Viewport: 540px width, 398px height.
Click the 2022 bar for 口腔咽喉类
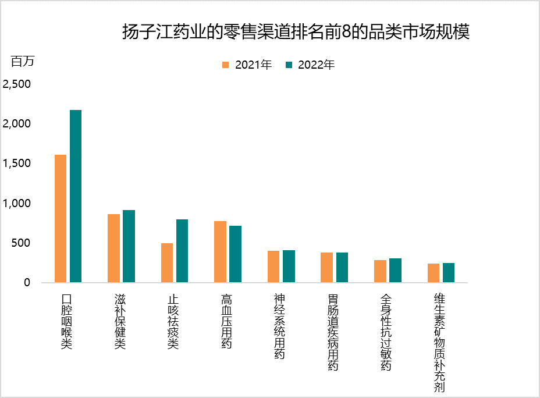pyautogui.click(x=76, y=196)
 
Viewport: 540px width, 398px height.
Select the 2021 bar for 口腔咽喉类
pyautogui.click(x=61, y=219)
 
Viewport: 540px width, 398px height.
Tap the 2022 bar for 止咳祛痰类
pyautogui.click(x=182, y=251)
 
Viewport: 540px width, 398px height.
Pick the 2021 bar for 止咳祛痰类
pyautogui.click(x=167, y=263)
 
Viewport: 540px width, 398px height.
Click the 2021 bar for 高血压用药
pyautogui.click(x=221, y=252)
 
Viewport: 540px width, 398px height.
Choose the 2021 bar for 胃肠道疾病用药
pyautogui.click(x=327, y=268)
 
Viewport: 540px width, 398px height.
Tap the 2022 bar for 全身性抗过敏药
pyautogui.click(x=395, y=271)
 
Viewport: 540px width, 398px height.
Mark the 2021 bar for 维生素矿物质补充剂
pyautogui.click(x=434, y=273)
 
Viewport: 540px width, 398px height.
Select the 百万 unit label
pyautogui.click(x=23, y=61)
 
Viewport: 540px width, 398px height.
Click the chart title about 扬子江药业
pyautogui.click(x=296, y=31)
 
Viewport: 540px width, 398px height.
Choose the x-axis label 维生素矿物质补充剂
pyautogui.click(x=440, y=343)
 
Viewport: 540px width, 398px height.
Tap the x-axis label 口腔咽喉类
pyautogui.click(x=66, y=321)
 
